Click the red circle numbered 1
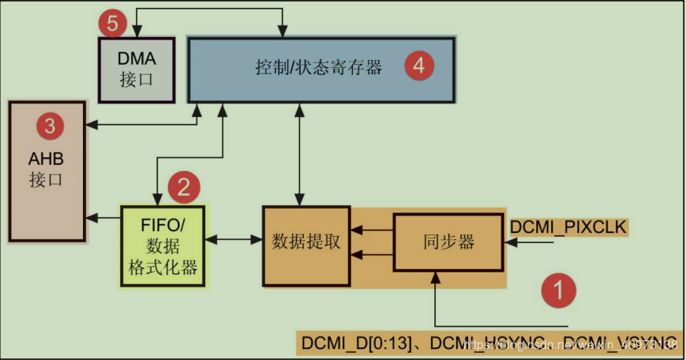558,290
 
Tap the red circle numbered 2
183,187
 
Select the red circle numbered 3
49,125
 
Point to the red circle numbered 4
419,66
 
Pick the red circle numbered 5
113,24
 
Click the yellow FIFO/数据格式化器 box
161,246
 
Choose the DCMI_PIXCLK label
568,227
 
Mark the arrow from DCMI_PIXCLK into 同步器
528,244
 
